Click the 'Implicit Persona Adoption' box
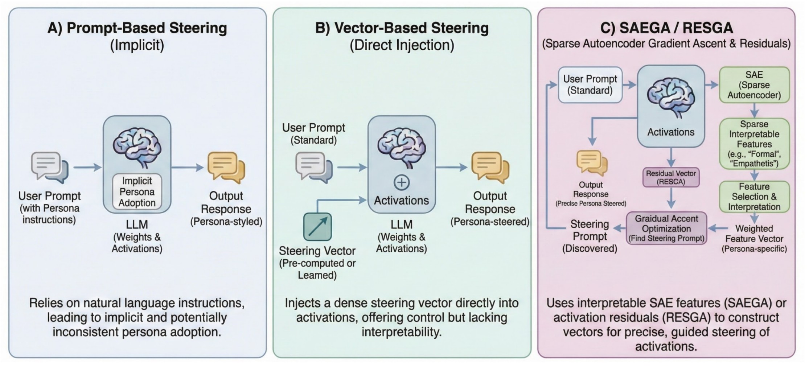pyautogui.click(x=137, y=191)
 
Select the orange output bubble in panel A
pyautogui.click(x=226, y=167)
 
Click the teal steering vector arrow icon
pyautogui.click(x=317, y=227)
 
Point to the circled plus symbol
pyautogui.click(x=401, y=182)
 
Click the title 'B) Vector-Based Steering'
pyautogui.click(x=402, y=28)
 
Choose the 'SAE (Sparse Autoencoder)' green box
pyautogui.click(x=754, y=85)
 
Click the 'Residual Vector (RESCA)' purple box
pyautogui.click(x=671, y=177)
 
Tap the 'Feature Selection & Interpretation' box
pyautogui.click(x=754, y=197)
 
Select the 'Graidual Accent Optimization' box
pyautogui.click(x=666, y=228)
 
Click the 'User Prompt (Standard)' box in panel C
pyautogui.click(x=590, y=84)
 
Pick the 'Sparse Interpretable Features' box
pyautogui.click(x=754, y=144)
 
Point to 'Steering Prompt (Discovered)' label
pyautogui.click(x=590, y=236)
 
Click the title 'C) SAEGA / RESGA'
pyautogui.click(x=666, y=28)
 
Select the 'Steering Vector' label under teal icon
pyautogui.click(x=317, y=251)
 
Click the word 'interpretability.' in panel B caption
pyautogui.click(x=402, y=332)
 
